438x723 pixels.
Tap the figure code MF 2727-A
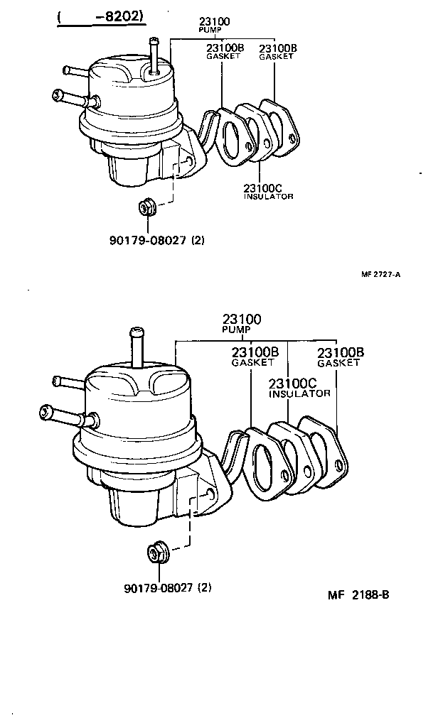tap(380, 275)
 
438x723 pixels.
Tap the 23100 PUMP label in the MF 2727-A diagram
tap(214, 26)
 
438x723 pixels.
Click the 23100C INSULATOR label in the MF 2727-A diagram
tap(267, 192)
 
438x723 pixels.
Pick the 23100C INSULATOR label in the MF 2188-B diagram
tap(299, 387)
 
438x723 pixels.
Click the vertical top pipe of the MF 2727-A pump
tap(153, 53)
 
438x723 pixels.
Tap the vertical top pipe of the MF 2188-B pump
tap(137, 348)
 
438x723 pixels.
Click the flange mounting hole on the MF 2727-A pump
tap(188, 161)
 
